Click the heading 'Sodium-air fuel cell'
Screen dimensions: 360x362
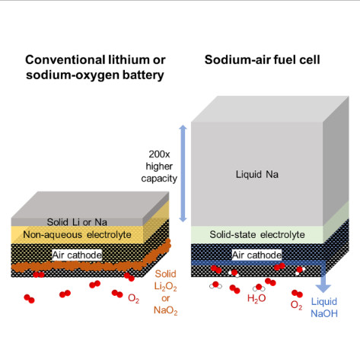(x=262, y=60)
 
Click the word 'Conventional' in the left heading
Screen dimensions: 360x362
(x=65, y=60)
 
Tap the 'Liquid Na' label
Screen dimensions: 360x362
(x=257, y=174)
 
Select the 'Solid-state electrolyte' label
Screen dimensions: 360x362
(x=257, y=235)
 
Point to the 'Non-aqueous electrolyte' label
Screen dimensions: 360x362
(x=77, y=235)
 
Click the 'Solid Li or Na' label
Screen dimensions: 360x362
(x=77, y=222)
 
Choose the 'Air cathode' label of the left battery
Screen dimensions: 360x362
(x=77, y=255)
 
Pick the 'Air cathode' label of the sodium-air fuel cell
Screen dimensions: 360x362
(x=256, y=255)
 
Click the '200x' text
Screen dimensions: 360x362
(x=159, y=154)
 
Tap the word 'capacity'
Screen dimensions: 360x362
(x=159, y=179)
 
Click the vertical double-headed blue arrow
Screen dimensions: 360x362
(x=183, y=173)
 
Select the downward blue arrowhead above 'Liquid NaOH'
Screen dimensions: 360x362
(x=323, y=289)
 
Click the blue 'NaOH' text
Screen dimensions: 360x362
(x=324, y=313)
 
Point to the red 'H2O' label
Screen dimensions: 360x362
(x=256, y=298)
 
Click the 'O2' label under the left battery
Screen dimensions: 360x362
(x=133, y=298)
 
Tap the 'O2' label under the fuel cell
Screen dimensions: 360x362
(x=296, y=305)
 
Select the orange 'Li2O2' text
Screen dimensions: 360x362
(x=165, y=287)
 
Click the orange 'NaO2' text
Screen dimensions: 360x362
(x=165, y=310)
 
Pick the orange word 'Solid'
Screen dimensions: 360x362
(x=165, y=274)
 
